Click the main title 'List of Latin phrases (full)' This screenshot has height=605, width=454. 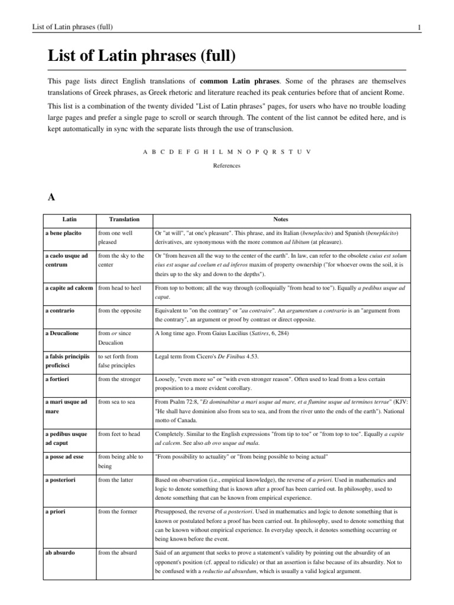point(142,57)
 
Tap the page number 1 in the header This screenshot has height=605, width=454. point(418,27)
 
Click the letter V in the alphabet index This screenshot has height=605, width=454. point(309,152)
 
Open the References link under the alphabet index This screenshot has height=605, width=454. point(227,166)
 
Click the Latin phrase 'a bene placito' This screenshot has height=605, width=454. point(64,233)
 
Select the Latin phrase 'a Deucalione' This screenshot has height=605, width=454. point(63,333)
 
